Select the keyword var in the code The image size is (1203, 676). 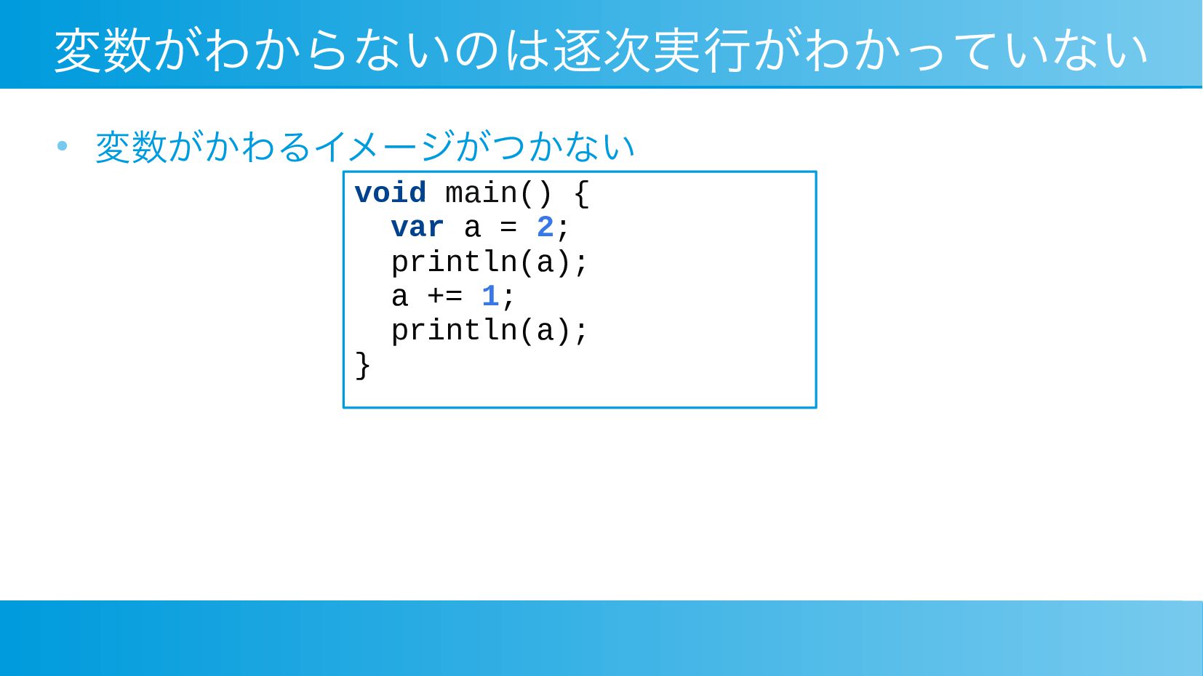(x=417, y=227)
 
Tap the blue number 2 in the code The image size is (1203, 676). (x=545, y=227)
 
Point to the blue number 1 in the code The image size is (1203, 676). (x=490, y=296)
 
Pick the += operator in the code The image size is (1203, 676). (x=444, y=296)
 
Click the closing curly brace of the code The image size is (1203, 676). (x=363, y=366)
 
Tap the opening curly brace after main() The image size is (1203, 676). (x=582, y=193)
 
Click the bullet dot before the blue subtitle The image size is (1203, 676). (x=63, y=145)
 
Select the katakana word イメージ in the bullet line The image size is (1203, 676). (x=383, y=146)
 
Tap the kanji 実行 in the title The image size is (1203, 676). (x=703, y=50)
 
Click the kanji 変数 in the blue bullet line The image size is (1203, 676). (x=131, y=147)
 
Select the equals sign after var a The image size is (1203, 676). (x=508, y=227)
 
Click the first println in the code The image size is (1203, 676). (x=455, y=262)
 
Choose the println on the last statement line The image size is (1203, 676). (x=455, y=331)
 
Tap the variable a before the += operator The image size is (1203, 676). (x=399, y=297)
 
